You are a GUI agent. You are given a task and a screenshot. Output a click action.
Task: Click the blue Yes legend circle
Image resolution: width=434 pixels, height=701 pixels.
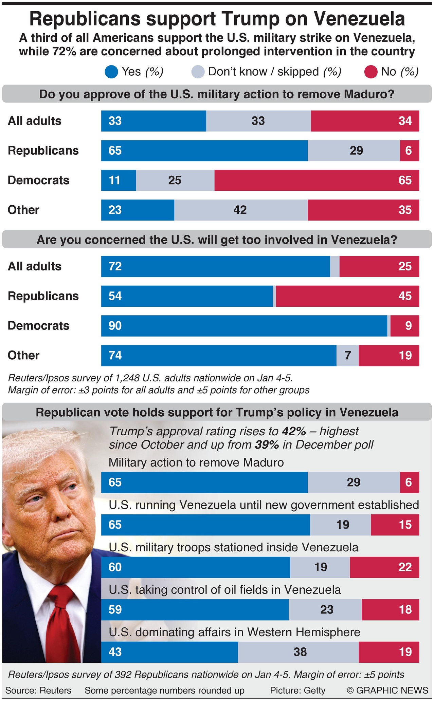pyautogui.click(x=111, y=72)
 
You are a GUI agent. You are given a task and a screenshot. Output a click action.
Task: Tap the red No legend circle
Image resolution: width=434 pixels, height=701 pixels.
pyautogui.click(x=371, y=72)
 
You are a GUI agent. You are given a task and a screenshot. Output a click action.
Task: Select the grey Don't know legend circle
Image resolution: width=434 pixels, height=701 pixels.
pyautogui.click(x=198, y=72)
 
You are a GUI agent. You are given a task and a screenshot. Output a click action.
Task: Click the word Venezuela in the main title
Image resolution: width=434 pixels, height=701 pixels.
pyautogui.click(x=359, y=19)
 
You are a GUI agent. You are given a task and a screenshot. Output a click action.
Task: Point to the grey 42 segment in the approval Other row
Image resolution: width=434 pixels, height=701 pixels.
pyautogui.click(x=241, y=210)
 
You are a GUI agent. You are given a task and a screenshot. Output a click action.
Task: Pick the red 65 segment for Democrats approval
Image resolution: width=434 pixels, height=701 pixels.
pyautogui.click(x=317, y=180)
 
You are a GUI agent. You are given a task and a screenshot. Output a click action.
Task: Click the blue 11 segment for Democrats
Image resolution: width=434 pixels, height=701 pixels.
pyautogui.click(x=118, y=180)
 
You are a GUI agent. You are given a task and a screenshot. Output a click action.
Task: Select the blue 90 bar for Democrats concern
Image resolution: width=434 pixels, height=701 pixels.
pyautogui.click(x=244, y=326)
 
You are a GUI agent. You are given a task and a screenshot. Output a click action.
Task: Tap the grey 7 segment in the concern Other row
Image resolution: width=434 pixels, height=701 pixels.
pyautogui.click(x=347, y=356)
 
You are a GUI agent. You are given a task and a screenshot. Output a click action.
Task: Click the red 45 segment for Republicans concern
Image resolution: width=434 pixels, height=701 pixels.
pyautogui.click(x=347, y=296)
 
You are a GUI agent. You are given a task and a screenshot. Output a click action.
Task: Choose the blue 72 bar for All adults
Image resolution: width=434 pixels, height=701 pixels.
pyautogui.click(x=215, y=266)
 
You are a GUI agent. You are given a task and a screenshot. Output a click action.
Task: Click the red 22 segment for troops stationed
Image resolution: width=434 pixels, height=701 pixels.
pyautogui.click(x=384, y=567)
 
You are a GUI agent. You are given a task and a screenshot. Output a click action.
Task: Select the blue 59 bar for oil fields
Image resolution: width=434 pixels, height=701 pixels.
pyautogui.click(x=195, y=609)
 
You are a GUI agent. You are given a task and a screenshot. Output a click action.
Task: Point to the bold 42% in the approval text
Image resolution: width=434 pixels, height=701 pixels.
pyautogui.click(x=293, y=431)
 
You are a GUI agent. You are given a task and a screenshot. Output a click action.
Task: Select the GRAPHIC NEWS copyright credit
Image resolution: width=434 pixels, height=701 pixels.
pyautogui.click(x=387, y=690)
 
